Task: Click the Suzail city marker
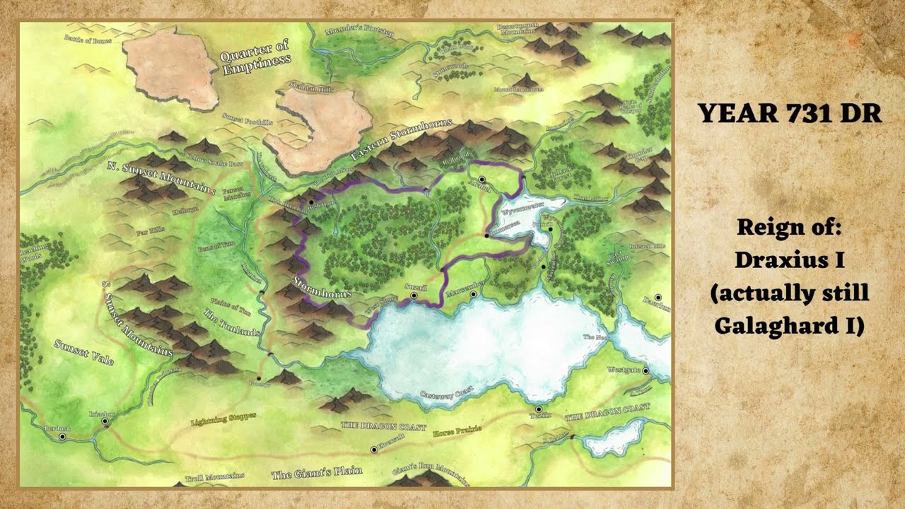(x=414, y=296)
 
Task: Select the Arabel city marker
(x=481, y=180)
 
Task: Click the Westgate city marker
(x=646, y=370)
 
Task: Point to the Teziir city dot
(x=539, y=409)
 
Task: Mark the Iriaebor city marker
(x=105, y=421)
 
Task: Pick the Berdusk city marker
(x=62, y=437)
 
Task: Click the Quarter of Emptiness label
(x=255, y=59)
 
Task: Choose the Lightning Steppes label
(x=223, y=419)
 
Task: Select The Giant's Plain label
(x=317, y=472)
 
